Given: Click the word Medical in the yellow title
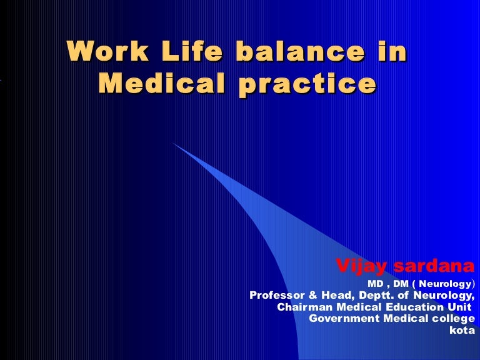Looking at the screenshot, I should pyautogui.click(x=162, y=83).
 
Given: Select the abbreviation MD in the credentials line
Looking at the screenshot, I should pyautogui.click(x=375, y=283).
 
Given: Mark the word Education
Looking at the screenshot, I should pyautogui.click(x=407, y=307).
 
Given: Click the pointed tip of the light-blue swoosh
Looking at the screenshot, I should pyautogui.click(x=173, y=143).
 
